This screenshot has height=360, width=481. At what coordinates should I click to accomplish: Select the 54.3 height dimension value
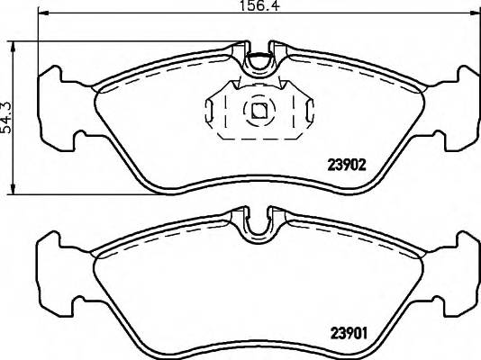(8, 117)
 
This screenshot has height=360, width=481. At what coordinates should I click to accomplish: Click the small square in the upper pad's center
(259, 111)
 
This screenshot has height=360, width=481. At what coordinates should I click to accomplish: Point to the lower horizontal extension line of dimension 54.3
(90, 192)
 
